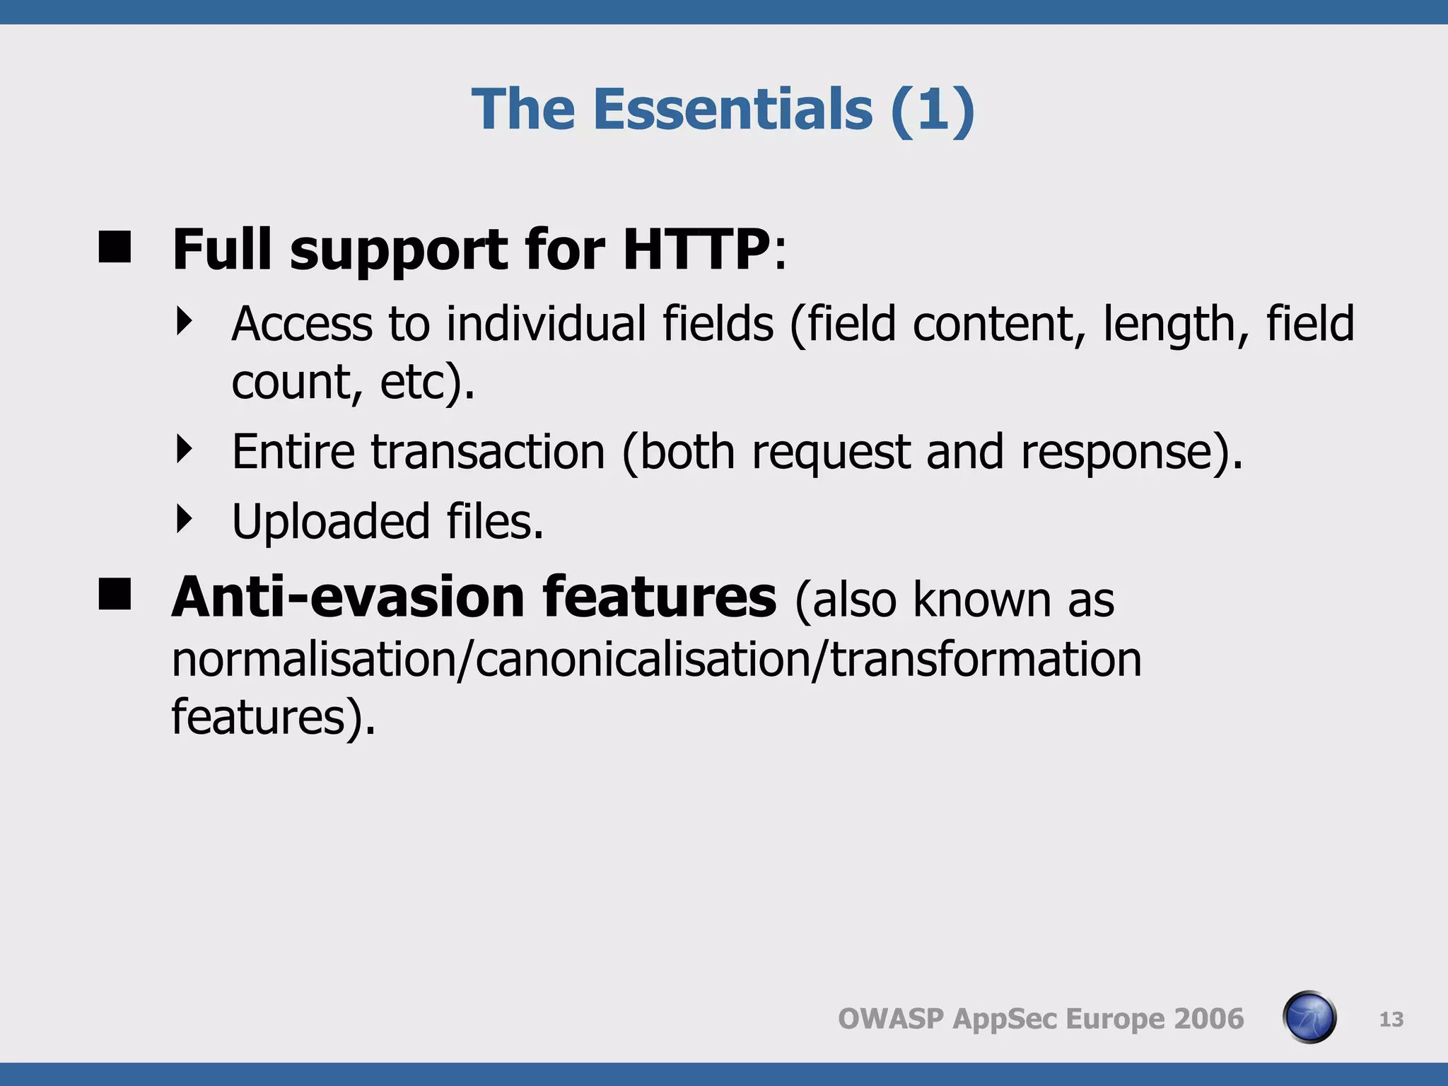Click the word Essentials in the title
732,110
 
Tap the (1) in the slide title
933,110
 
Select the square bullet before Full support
115,247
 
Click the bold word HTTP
696,250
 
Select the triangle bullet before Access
185,322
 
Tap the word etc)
427,382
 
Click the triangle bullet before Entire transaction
185,450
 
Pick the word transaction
488,452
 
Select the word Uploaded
330,522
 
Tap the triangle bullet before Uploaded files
185,519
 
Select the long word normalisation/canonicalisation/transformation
656,659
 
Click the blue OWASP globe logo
1309,1017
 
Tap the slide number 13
1391,1019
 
